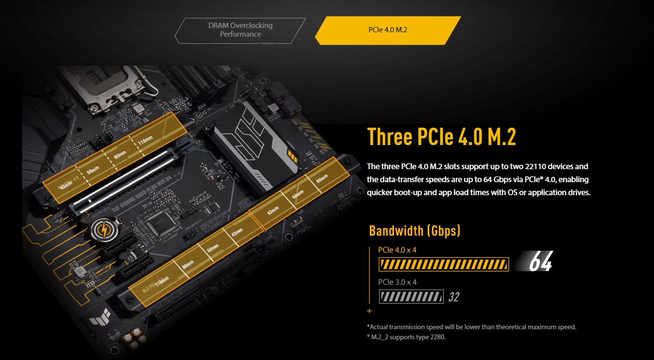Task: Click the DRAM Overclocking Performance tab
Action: (240, 30)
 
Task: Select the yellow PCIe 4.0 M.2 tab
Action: (388, 30)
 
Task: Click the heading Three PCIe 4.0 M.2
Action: (442, 137)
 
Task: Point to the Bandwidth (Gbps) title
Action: (415, 230)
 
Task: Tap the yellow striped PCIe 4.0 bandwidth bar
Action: (444, 265)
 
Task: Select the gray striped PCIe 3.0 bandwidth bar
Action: (411, 296)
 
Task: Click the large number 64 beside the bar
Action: (540, 263)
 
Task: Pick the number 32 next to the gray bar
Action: (454, 297)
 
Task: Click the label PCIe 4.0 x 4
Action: (397, 250)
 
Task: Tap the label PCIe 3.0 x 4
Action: (397, 282)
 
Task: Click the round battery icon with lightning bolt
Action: (103, 230)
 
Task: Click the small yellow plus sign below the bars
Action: (369, 311)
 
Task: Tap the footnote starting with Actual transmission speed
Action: (471, 327)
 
